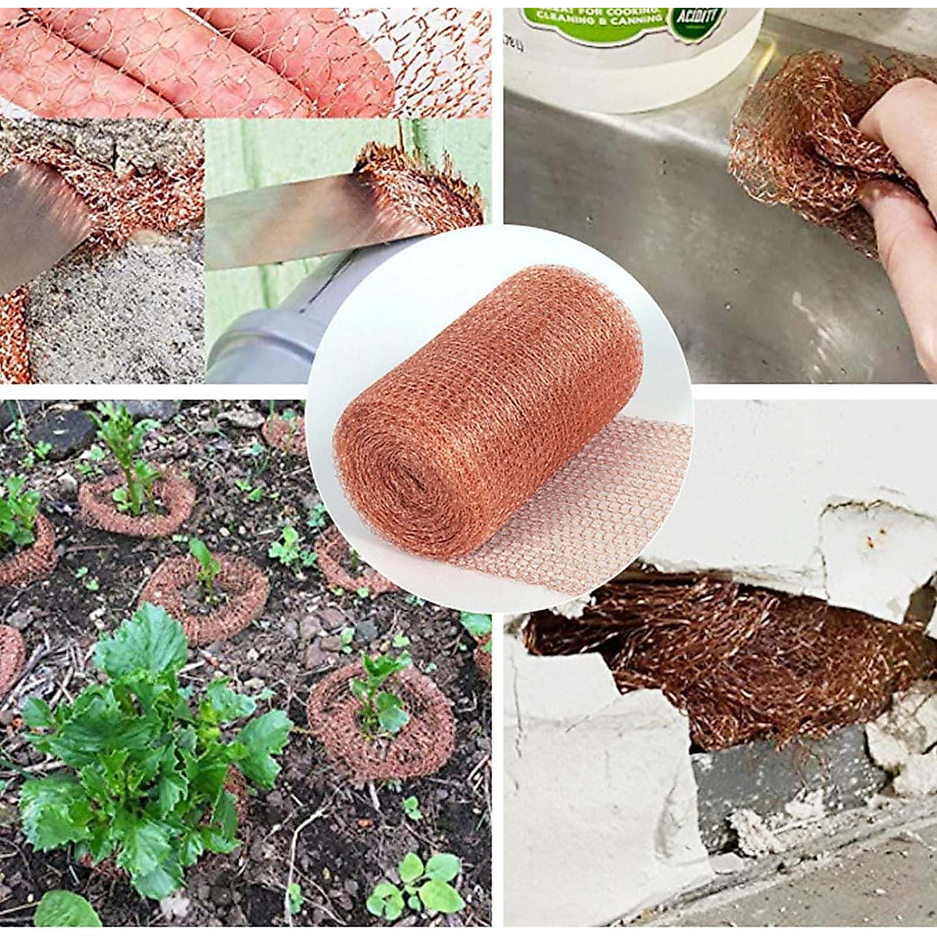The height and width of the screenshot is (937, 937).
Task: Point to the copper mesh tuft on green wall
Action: [x=422, y=183]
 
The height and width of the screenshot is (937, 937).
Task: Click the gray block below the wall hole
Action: [x=773, y=781]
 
